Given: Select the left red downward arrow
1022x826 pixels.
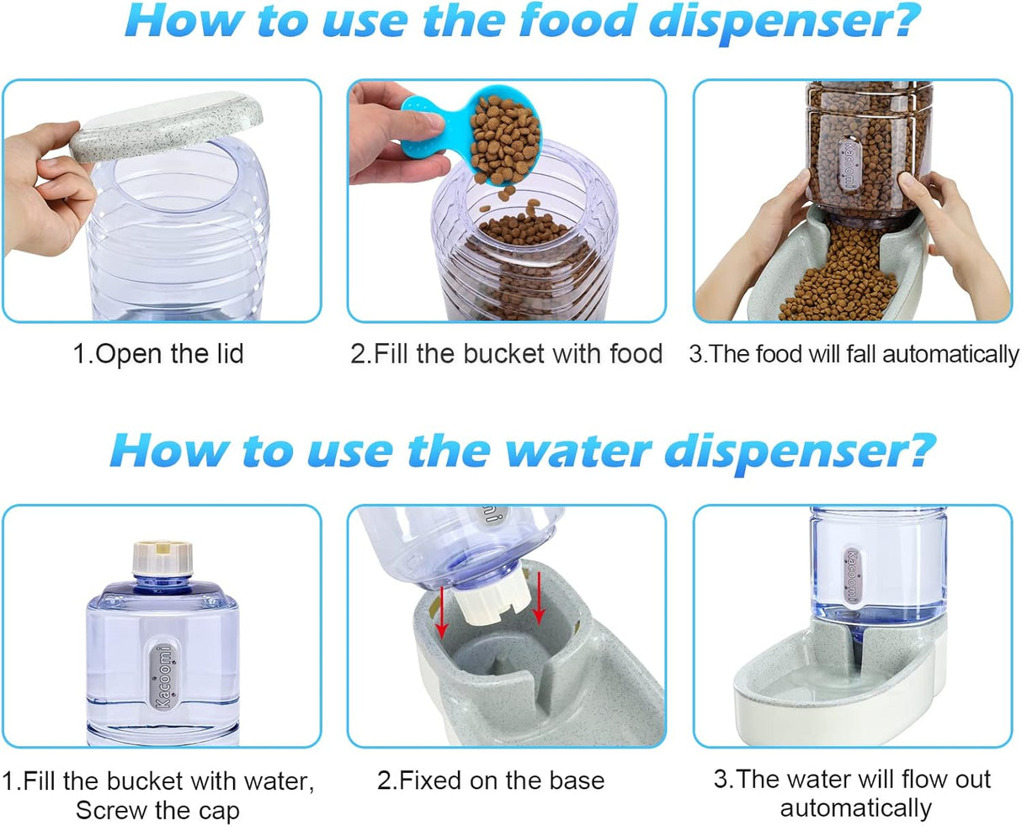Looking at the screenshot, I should click(x=439, y=615).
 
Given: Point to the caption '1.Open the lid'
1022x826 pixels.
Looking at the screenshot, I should click(x=158, y=353).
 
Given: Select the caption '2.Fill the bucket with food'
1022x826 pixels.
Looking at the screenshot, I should click(x=507, y=353).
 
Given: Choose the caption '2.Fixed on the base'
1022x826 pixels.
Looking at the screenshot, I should click(x=491, y=780).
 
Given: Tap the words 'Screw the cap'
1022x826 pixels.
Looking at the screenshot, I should click(x=157, y=811).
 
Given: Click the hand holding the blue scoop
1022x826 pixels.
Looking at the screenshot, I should click(x=387, y=139).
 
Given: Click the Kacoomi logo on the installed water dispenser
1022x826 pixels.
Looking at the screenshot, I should click(x=853, y=576).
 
